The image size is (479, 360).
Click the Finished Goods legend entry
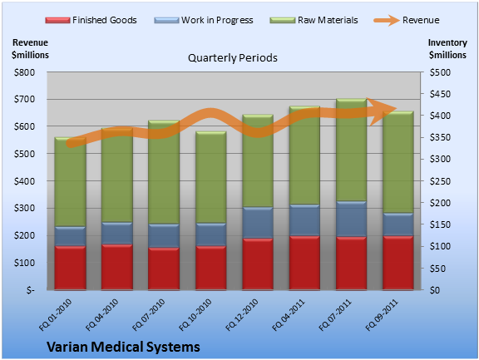point(91,20)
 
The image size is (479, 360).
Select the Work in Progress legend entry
point(204,20)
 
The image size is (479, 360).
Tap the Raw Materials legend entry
point(314,20)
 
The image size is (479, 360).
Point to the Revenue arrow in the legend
point(387,21)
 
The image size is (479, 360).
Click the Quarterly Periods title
point(233,57)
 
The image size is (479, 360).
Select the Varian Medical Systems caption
point(123,347)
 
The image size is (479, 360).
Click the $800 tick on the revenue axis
point(24,72)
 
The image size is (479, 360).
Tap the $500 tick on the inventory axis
point(440,72)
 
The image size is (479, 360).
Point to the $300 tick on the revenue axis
point(24,208)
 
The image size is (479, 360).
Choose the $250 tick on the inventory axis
point(440,181)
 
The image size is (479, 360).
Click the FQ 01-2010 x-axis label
point(55,315)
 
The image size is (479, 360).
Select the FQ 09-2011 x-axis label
point(383,315)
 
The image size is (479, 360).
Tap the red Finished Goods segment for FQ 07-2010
point(164,269)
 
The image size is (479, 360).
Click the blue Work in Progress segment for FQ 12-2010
point(258,223)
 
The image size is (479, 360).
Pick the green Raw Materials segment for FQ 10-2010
point(210,177)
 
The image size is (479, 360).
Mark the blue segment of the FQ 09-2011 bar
point(398,224)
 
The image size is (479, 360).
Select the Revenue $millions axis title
point(30,49)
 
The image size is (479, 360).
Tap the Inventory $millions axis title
point(447,49)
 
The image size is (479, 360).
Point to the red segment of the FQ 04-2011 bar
point(304,263)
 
